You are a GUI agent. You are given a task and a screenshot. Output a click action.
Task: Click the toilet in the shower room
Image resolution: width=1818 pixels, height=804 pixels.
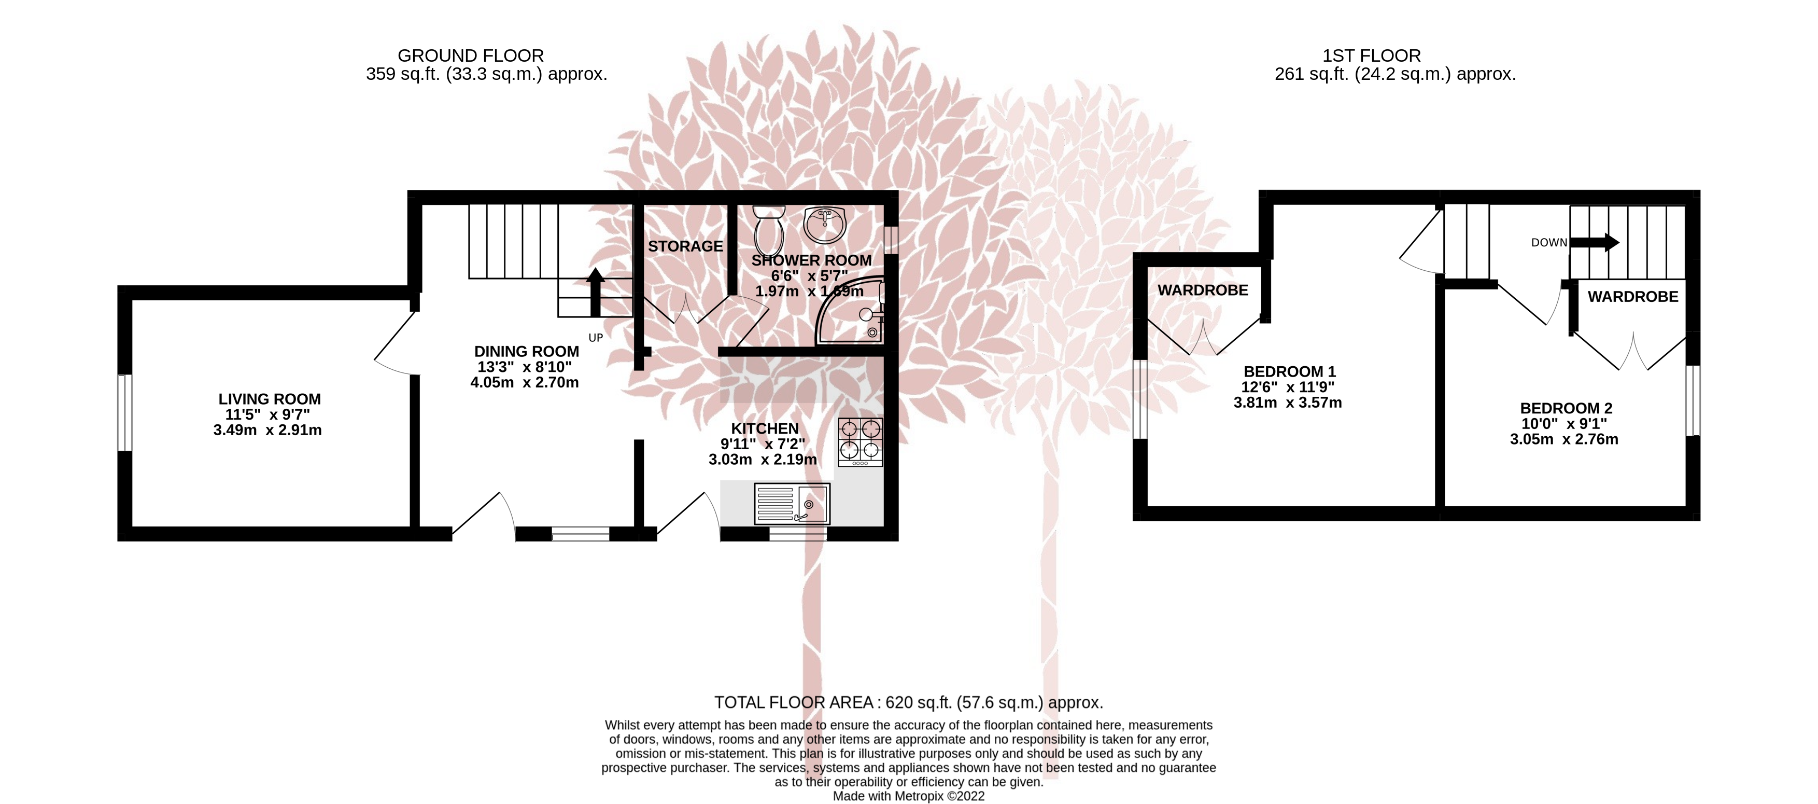tap(768, 229)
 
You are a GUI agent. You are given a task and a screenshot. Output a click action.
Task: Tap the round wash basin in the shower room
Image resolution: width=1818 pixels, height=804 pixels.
tap(825, 225)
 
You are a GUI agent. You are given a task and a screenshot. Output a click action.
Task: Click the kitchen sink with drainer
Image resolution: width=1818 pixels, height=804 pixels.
tap(793, 503)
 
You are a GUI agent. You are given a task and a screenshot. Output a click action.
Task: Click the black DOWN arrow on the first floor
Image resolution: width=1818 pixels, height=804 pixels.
tap(1594, 242)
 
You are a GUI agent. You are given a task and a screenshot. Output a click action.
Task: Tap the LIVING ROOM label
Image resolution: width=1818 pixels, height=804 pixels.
tap(270, 399)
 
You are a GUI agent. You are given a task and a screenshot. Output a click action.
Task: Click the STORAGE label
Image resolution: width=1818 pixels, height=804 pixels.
tap(685, 246)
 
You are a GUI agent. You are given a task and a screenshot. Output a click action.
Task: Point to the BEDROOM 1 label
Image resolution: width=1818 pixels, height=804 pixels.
tap(1289, 371)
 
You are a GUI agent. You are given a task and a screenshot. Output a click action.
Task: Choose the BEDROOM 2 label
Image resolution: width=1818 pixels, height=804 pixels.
tap(1566, 408)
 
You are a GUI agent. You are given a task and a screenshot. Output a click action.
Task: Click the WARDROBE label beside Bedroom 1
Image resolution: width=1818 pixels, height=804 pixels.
tap(1203, 290)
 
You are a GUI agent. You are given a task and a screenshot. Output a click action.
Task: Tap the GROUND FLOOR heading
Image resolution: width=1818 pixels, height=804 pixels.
tap(471, 56)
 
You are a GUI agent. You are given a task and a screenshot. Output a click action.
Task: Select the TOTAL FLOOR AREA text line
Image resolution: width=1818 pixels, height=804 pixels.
tap(908, 702)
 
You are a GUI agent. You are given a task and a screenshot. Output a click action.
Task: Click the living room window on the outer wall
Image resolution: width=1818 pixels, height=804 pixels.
tap(124, 412)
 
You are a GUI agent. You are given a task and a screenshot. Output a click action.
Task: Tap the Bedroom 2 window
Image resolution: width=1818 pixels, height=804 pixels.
tap(1693, 400)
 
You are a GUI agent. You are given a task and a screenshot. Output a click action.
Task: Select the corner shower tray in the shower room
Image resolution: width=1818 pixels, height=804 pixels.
tap(850, 311)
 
